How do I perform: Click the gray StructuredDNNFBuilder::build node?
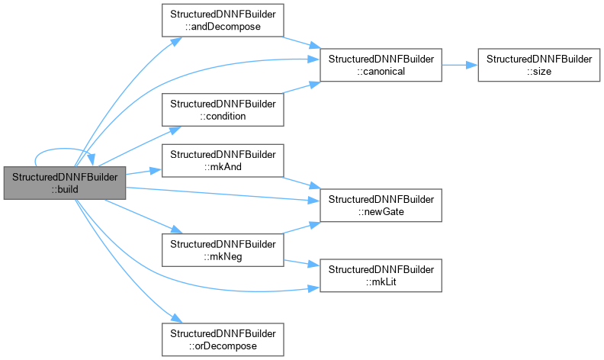(65, 183)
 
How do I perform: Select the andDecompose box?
(223, 21)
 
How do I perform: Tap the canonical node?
(381, 65)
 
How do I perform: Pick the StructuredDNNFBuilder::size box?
(539, 65)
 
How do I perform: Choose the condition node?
(223, 110)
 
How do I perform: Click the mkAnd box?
(223, 161)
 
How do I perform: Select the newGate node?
(381, 205)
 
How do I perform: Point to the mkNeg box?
(223, 250)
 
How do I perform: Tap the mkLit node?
(381, 275)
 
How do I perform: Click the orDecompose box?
(223, 339)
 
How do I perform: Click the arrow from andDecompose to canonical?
(302, 43)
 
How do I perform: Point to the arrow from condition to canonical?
(302, 88)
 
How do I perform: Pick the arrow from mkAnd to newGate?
(302, 183)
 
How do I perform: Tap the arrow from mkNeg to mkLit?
(302, 263)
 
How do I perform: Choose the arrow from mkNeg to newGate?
(302, 228)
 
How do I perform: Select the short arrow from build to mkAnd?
(143, 172)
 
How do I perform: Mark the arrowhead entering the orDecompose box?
(176, 318)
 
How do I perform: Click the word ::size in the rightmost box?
(539, 71)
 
